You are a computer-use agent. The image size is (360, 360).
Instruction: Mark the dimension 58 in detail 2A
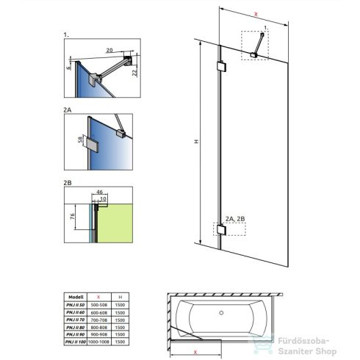coord(79,140)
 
